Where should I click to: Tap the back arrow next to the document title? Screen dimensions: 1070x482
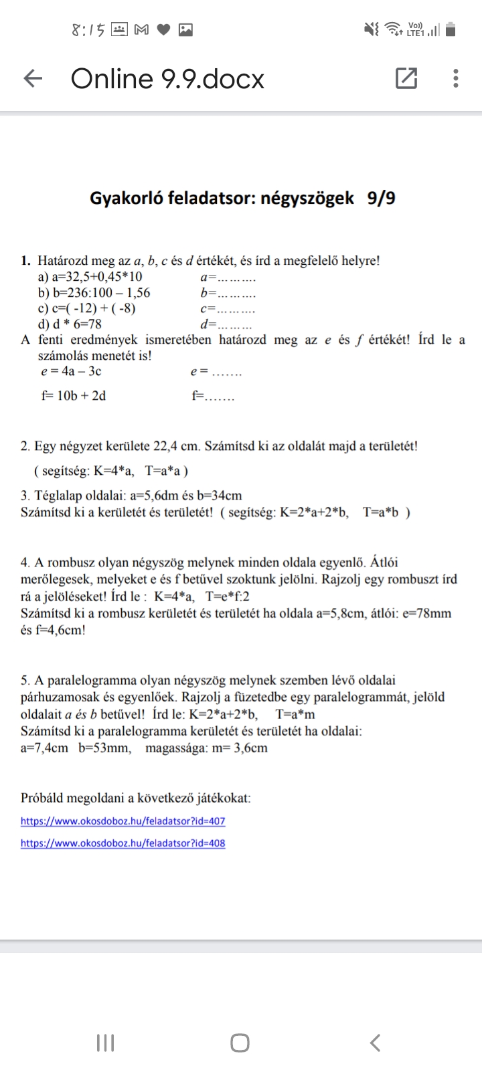click(33, 79)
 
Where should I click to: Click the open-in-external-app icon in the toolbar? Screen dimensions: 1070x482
click(406, 79)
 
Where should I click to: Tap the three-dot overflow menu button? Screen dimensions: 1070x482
click(456, 79)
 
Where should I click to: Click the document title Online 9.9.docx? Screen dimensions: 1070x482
click(167, 79)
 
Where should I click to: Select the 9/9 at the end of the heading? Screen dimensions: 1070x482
click(381, 198)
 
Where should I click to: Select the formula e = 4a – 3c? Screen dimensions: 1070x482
click(72, 371)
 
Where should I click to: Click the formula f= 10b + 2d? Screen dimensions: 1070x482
click(74, 396)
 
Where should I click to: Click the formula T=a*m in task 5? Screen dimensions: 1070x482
click(295, 714)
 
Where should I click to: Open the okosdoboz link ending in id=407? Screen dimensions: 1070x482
click(123, 821)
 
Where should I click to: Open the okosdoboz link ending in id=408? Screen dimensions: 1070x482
click(123, 843)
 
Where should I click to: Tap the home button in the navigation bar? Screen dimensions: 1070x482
click(240, 1043)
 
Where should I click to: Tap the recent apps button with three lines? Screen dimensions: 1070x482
click(106, 1043)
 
